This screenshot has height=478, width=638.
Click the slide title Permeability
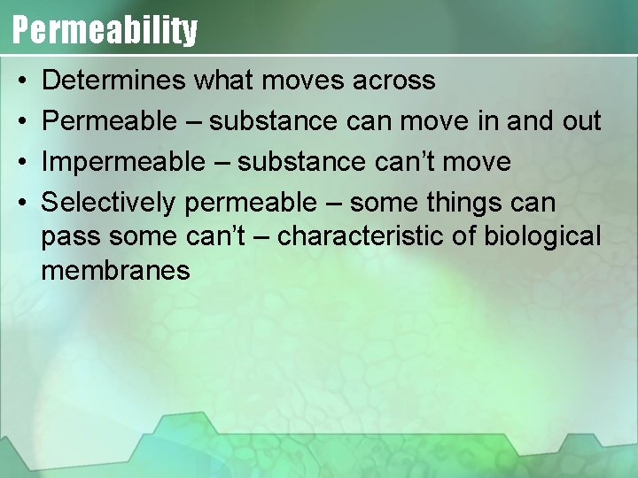(x=105, y=29)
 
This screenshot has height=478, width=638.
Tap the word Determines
(x=113, y=81)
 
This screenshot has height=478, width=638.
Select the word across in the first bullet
(x=393, y=81)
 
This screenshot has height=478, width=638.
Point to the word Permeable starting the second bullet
(x=109, y=121)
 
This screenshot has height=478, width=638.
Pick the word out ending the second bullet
(x=581, y=121)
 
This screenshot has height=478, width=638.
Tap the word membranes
(x=116, y=270)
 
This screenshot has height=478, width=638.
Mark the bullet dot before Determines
(x=19, y=81)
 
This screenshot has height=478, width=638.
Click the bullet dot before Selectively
(x=19, y=204)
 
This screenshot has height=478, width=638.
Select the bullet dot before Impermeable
(x=19, y=163)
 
